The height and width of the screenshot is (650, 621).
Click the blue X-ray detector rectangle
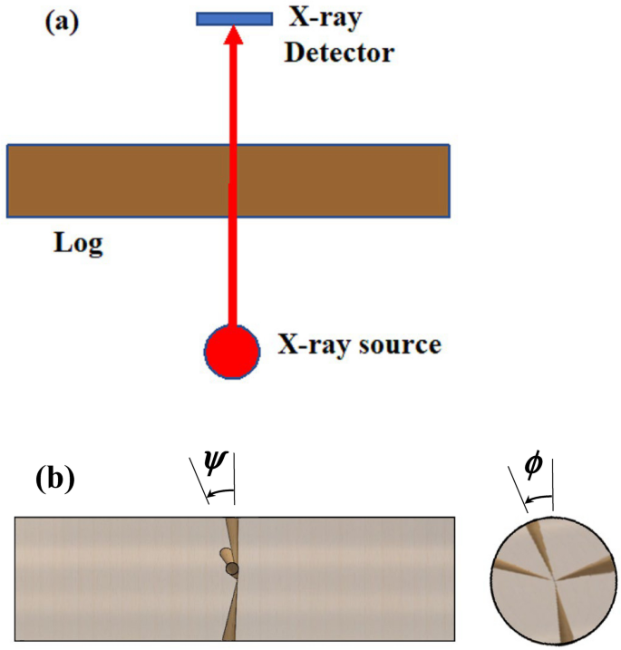(234, 17)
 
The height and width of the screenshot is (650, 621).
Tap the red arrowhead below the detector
(234, 36)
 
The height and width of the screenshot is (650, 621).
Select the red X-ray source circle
(233, 349)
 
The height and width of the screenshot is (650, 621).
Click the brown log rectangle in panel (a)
(118, 180)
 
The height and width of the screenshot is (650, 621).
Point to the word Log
(76, 244)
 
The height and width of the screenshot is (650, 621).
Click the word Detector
(339, 53)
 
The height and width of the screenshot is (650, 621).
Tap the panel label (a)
(63, 21)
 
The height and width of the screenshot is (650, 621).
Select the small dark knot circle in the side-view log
(233, 568)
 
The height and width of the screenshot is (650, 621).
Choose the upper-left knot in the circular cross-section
(535, 542)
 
